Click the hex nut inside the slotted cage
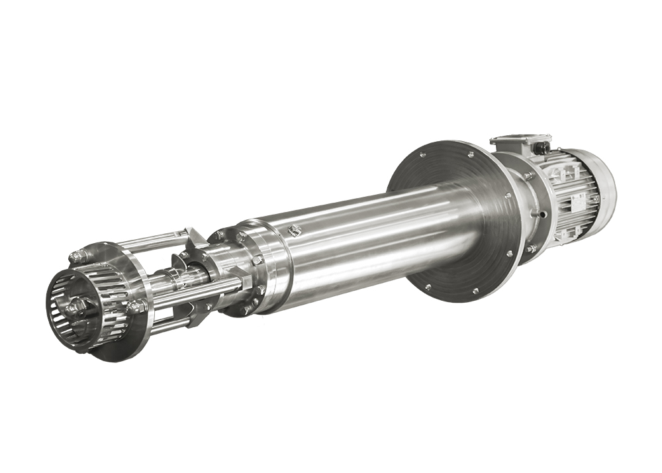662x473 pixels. (75, 306)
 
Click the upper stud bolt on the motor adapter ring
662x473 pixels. (530, 176)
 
